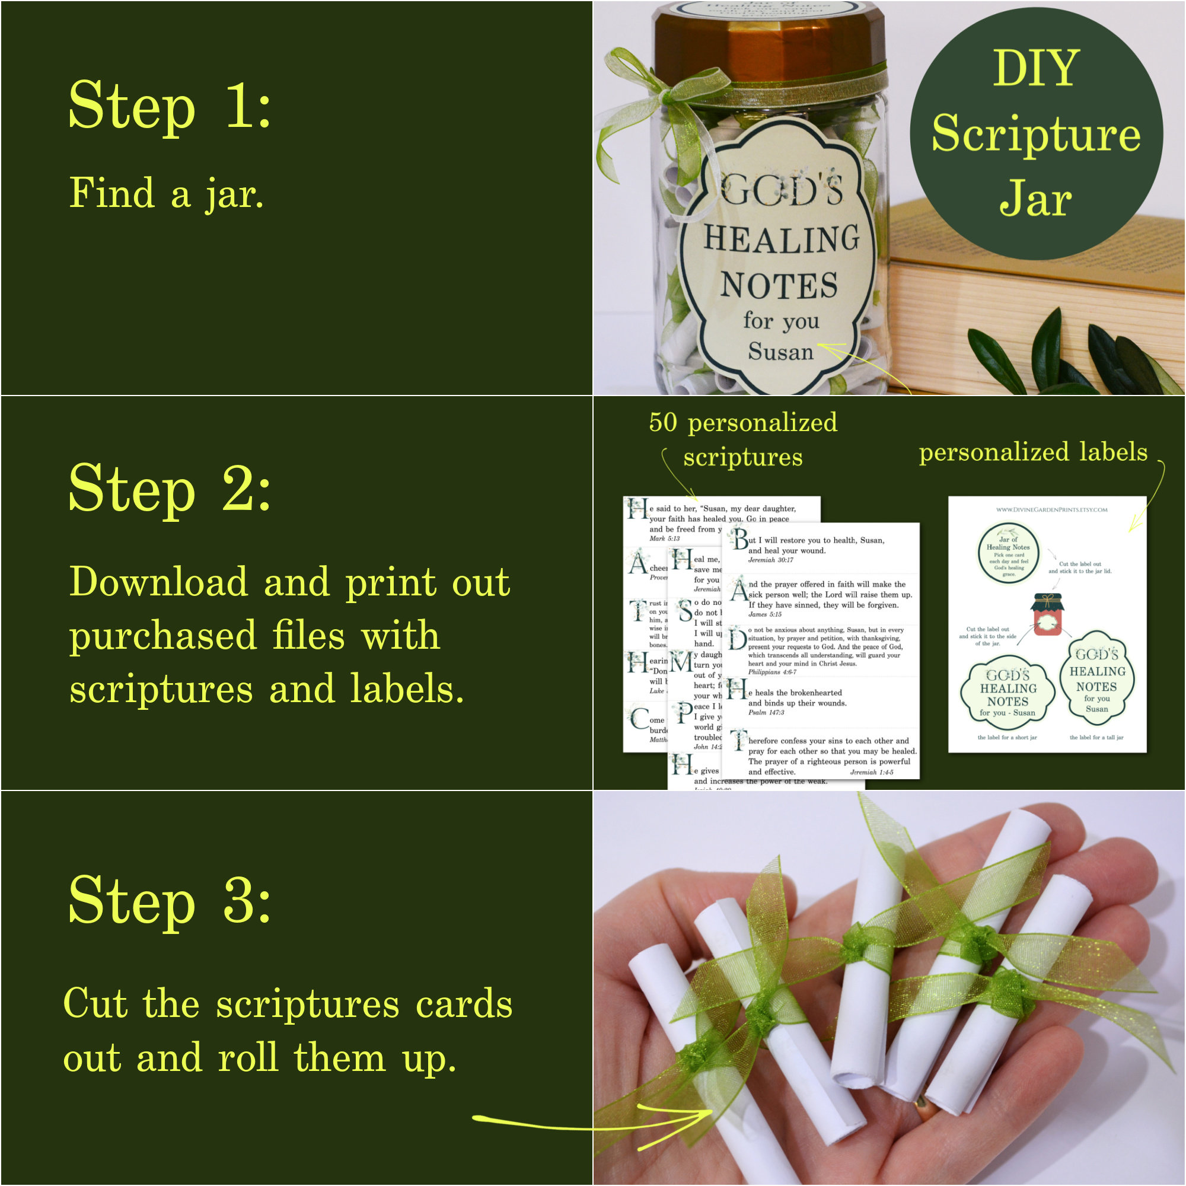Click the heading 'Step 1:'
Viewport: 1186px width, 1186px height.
click(170, 106)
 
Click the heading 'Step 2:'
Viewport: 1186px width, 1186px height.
click(170, 489)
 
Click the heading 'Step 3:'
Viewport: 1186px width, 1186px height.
click(170, 901)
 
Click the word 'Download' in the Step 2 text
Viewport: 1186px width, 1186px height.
click(158, 582)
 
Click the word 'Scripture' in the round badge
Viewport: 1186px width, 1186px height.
click(1035, 134)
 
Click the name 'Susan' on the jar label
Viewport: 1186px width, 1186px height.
click(780, 352)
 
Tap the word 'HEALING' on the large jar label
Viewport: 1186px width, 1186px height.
click(781, 240)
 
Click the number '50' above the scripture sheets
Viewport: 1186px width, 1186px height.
click(663, 422)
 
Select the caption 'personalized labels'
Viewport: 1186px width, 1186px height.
click(1032, 452)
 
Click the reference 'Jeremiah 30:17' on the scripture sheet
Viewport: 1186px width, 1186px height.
click(770, 560)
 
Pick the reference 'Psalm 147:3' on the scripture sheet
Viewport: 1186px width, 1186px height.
click(766, 712)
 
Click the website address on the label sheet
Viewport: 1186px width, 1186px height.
click(1051, 509)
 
